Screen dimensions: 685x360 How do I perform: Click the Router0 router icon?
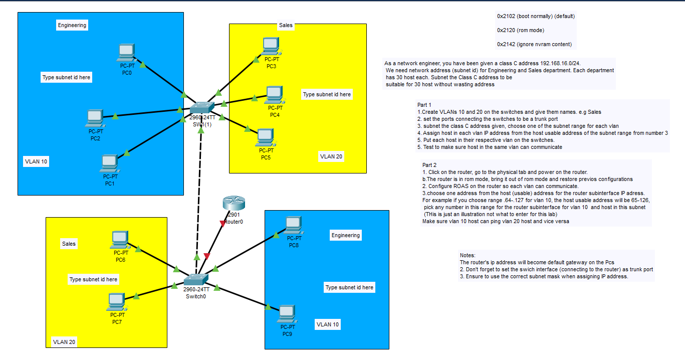(x=234, y=203)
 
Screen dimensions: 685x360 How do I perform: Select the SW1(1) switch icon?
(x=202, y=108)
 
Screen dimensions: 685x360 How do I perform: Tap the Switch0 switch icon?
(x=196, y=280)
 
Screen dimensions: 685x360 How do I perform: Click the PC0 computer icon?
(x=126, y=53)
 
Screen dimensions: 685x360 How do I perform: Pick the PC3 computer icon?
(x=271, y=46)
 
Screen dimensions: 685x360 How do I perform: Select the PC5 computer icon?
(x=267, y=138)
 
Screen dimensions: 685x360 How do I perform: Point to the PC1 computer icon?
(x=110, y=163)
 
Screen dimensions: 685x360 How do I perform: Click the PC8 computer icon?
(x=294, y=226)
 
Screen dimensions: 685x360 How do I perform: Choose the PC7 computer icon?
(x=117, y=302)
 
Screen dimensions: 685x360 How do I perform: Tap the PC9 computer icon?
(x=287, y=314)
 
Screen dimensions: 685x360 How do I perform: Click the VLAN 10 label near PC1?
(x=36, y=161)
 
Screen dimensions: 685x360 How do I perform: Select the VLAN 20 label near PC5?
(x=331, y=156)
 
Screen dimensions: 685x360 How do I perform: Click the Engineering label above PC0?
(x=72, y=25)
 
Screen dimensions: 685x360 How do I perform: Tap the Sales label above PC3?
(x=286, y=25)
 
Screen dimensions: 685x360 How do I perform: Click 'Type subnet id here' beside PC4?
(x=327, y=94)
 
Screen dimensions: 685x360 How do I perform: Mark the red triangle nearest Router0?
(x=222, y=224)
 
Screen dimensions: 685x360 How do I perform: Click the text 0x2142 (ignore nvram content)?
(x=534, y=44)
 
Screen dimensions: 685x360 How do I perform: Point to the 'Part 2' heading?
(x=429, y=165)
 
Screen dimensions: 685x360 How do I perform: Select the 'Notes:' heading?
(x=468, y=255)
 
